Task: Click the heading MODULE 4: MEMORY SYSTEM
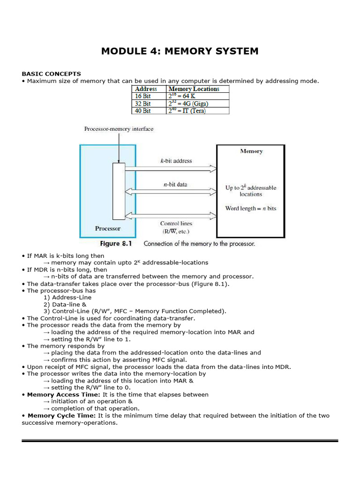point(180,51)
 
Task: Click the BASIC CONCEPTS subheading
point(51,74)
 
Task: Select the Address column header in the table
point(146,89)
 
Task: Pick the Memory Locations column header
point(194,89)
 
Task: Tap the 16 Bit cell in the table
point(143,96)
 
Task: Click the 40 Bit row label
point(143,111)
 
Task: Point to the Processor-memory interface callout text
point(119,129)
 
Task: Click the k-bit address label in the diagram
point(176,161)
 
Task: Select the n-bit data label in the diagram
point(175,185)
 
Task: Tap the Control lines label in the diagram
point(176,224)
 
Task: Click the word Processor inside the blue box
point(108,229)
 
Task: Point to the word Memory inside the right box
point(251,151)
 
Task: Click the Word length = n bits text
point(251,208)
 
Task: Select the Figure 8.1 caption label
point(117,244)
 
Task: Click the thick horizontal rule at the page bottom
point(180,441)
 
